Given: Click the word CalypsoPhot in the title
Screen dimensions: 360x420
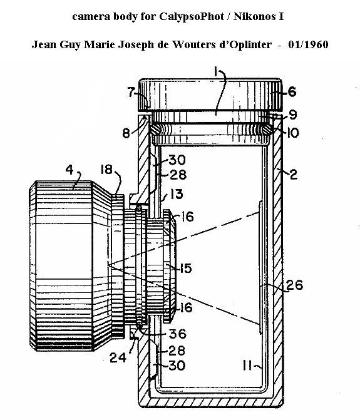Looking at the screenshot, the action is pyautogui.click(x=192, y=17).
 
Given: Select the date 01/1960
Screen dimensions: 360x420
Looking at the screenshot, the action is pyautogui.click(x=308, y=44).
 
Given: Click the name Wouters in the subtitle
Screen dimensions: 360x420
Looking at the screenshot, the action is pyautogui.click(x=193, y=44).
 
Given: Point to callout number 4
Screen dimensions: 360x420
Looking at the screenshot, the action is pyautogui.click(x=69, y=170).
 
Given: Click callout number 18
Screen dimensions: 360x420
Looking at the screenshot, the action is pyautogui.click(x=106, y=169).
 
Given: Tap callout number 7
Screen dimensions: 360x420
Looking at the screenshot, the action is pyautogui.click(x=131, y=92).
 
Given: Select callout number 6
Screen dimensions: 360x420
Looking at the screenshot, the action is pyautogui.click(x=292, y=92).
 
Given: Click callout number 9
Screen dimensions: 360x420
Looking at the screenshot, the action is pyautogui.click(x=293, y=115).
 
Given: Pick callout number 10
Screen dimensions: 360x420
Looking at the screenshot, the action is pyautogui.click(x=293, y=133).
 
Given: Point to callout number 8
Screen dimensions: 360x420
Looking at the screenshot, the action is pyautogui.click(x=126, y=133).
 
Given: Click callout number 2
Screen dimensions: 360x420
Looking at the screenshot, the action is pyautogui.click(x=294, y=175).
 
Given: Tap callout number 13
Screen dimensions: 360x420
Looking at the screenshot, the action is pyautogui.click(x=177, y=194).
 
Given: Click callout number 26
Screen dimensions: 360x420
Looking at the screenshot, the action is pyautogui.click(x=294, y=285).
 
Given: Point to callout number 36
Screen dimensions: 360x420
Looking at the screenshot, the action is pyautogui.click(x=178, y=334).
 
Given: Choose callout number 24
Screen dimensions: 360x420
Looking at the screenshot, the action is pyautogui.click(x=118, y=357).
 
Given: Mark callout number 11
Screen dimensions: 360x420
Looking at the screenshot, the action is pyautogui.click(x=247, y=365).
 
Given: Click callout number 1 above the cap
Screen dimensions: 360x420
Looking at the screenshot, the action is pyautogui.click(x=216, y=72).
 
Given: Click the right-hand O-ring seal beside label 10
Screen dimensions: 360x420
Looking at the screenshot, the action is pyautogui.click(x=266, y=130).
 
